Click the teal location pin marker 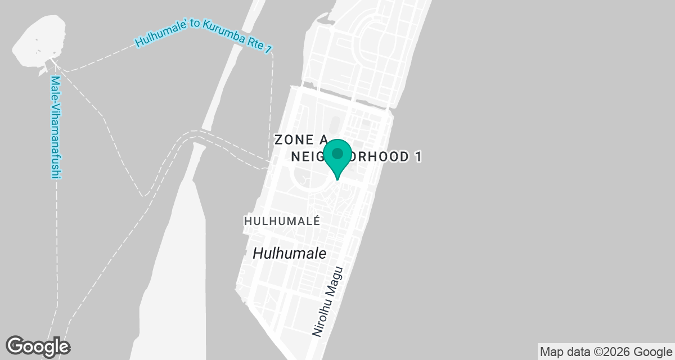337,158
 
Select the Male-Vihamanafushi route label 55,128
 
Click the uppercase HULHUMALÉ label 282,222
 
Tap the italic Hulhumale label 289,253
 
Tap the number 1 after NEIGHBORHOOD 418,157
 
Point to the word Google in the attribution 651,352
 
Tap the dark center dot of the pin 337,153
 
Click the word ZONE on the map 291,140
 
